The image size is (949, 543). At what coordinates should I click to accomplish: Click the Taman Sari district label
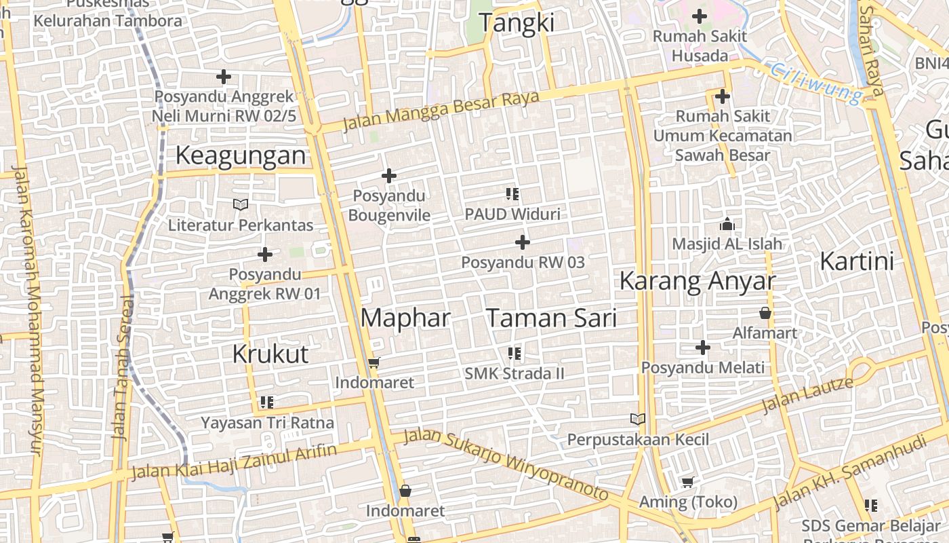pos(552,318)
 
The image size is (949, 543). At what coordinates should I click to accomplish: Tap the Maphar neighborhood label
pos(405,318)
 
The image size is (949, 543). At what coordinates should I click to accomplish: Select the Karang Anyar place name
pos(698,281)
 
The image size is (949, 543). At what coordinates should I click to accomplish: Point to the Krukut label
pos(270,354)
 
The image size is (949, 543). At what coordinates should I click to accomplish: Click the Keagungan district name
pos(241,155)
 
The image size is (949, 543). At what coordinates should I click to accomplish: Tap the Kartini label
pos(857,261)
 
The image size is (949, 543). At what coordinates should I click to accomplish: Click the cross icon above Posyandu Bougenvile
pos(389,176)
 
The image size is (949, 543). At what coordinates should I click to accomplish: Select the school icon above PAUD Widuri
pos(512,195)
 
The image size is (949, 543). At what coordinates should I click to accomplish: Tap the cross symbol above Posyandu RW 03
pos(523,242)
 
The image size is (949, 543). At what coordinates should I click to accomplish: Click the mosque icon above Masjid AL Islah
pos(727,224)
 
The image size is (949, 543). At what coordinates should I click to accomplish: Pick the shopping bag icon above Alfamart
pos(765,313)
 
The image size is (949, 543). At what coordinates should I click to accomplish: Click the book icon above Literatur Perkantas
pos(241,204)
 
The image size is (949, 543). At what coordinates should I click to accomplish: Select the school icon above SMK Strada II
pos(514,354)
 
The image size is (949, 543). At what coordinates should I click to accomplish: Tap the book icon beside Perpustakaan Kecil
pos(638,419)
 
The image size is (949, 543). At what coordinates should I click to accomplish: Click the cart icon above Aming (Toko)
pos(688,483)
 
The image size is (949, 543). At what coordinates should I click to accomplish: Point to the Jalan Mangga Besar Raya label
pos(441,111)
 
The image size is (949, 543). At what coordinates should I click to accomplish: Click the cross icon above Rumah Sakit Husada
pos(700,16)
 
